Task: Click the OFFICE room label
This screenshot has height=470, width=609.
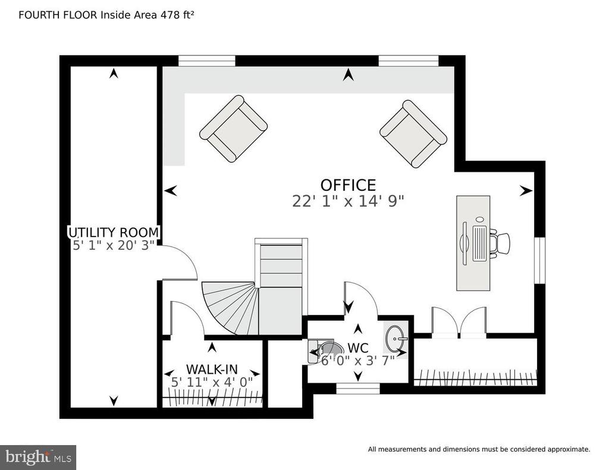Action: pos(348,185)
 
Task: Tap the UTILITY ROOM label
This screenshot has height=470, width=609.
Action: pos(114,232)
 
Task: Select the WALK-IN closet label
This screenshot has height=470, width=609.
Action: pos(212,369)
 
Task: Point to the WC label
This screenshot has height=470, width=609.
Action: pos(358,348)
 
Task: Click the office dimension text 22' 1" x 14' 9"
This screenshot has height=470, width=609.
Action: pos(348,201)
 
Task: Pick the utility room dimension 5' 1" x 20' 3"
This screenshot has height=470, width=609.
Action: pos(114,245)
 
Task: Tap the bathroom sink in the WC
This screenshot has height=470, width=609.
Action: pos(395,338)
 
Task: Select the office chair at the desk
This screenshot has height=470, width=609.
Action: pos(500,244)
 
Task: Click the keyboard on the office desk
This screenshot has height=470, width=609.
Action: pos(479,244)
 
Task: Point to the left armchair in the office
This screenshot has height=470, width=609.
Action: pos(233,129)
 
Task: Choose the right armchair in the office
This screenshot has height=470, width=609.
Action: pos(413,134)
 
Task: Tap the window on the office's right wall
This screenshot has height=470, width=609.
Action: pos(539,260)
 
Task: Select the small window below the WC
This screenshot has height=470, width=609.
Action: pos(357,389)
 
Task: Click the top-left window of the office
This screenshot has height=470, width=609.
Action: pos(206,61)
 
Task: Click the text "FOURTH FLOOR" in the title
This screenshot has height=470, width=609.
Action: pos(58,15)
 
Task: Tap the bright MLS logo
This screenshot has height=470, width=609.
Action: pos(38,457)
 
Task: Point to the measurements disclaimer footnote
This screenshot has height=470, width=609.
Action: pos(479,449)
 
